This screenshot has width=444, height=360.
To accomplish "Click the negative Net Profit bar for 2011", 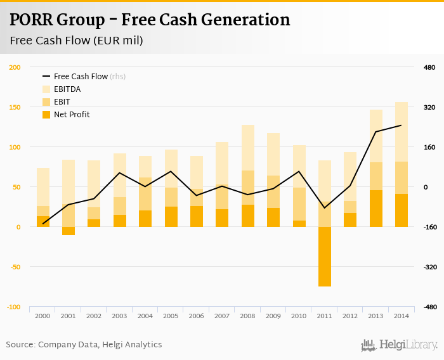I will [325, 257].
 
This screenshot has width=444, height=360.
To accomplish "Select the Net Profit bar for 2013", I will [376, 209].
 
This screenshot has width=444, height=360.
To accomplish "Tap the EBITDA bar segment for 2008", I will [248, 148].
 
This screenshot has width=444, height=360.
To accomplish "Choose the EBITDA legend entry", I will [67, 89].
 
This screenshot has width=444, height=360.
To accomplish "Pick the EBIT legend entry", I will [62, 101].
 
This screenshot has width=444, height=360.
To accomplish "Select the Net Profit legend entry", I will [71, 114].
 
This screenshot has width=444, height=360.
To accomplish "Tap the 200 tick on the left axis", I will [15, 67].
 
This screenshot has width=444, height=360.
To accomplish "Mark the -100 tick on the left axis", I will [14, 307].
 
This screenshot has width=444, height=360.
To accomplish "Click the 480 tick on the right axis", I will [429, 67].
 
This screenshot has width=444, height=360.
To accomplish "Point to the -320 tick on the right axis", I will [429, 267].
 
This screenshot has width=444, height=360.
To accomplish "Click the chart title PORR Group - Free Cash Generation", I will [150, 20].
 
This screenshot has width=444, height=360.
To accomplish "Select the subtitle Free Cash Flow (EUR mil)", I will [76, 41].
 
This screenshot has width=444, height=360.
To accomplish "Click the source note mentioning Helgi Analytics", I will [84, 344].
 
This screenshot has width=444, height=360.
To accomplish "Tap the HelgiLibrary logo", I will [400, 345].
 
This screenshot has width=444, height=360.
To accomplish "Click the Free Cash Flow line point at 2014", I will [401, 125].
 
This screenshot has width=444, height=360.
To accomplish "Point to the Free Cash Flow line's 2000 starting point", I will [43, 224].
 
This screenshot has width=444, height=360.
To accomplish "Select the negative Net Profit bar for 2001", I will [69, 231].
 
